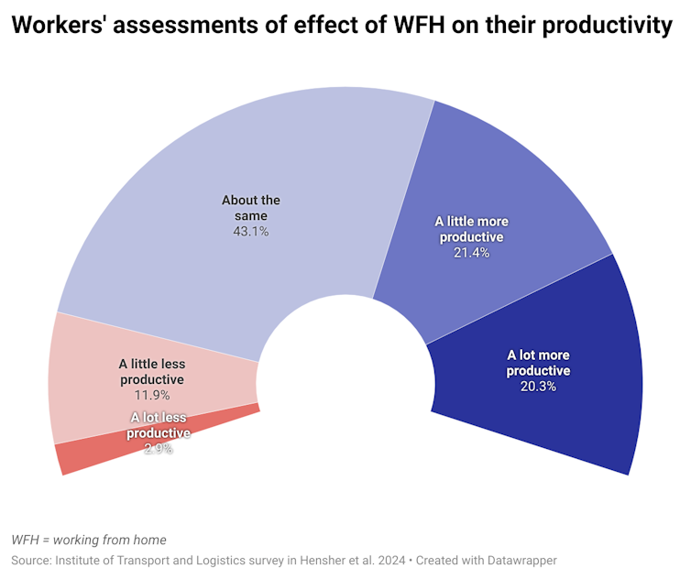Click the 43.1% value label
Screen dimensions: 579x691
(x=250, y=232)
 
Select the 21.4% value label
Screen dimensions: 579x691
(x=471, y=252)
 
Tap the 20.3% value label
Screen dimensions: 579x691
(x=538, y=386)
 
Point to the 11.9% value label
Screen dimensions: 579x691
(x=152, y=395)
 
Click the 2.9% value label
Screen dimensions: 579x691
(x=159, y=448)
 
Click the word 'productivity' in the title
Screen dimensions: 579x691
(x=608, y=27)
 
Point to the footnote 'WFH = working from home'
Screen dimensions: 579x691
(x=89, y=540)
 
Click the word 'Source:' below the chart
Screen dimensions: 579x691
(x=30, y=560)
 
